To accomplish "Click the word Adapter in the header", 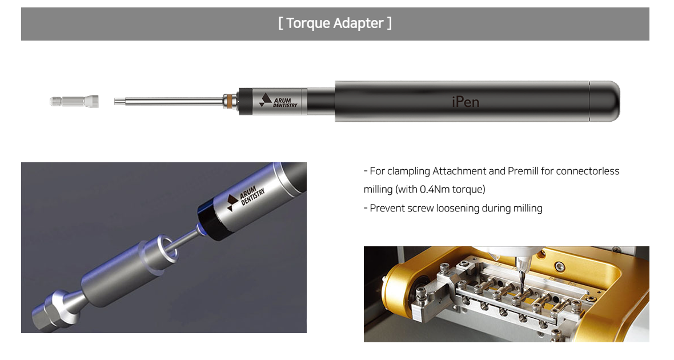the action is pos(359,23).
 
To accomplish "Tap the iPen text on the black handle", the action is pos(466,102).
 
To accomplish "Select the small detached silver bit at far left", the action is pos(74,102).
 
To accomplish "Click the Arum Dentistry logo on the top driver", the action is pos(278,101).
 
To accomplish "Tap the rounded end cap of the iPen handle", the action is pos(605,101).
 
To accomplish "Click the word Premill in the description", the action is pos(523,171).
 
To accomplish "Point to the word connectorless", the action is pos(588,171).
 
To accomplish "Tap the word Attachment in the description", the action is pos(459,171).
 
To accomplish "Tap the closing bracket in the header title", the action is pos(389,23).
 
